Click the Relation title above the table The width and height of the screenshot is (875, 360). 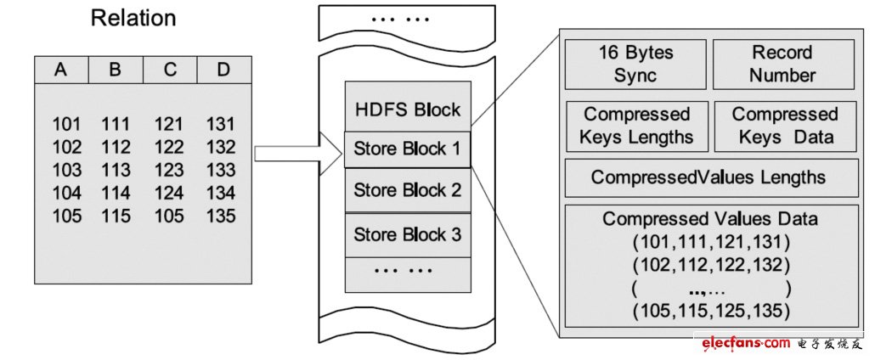click(133, 18)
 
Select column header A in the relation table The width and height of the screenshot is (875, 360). click(60, 70)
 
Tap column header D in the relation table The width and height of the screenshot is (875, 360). click(223, 70)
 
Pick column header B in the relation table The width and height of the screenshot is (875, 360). click(115, 70)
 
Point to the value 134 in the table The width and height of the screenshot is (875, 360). click(221, 192)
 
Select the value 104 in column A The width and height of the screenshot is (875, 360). click(67, 192)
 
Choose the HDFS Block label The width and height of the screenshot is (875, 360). click(407, 110)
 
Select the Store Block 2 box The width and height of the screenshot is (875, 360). click(407, 188)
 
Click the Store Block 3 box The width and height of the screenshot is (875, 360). click(407, 233)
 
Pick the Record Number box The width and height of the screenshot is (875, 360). click(782, 64)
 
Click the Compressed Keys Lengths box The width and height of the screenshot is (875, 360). click(637, 126)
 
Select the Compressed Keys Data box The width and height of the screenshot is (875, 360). click(784, 126)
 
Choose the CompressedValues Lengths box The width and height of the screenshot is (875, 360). click(708, 177)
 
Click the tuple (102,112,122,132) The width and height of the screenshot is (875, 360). click(709, 264)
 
